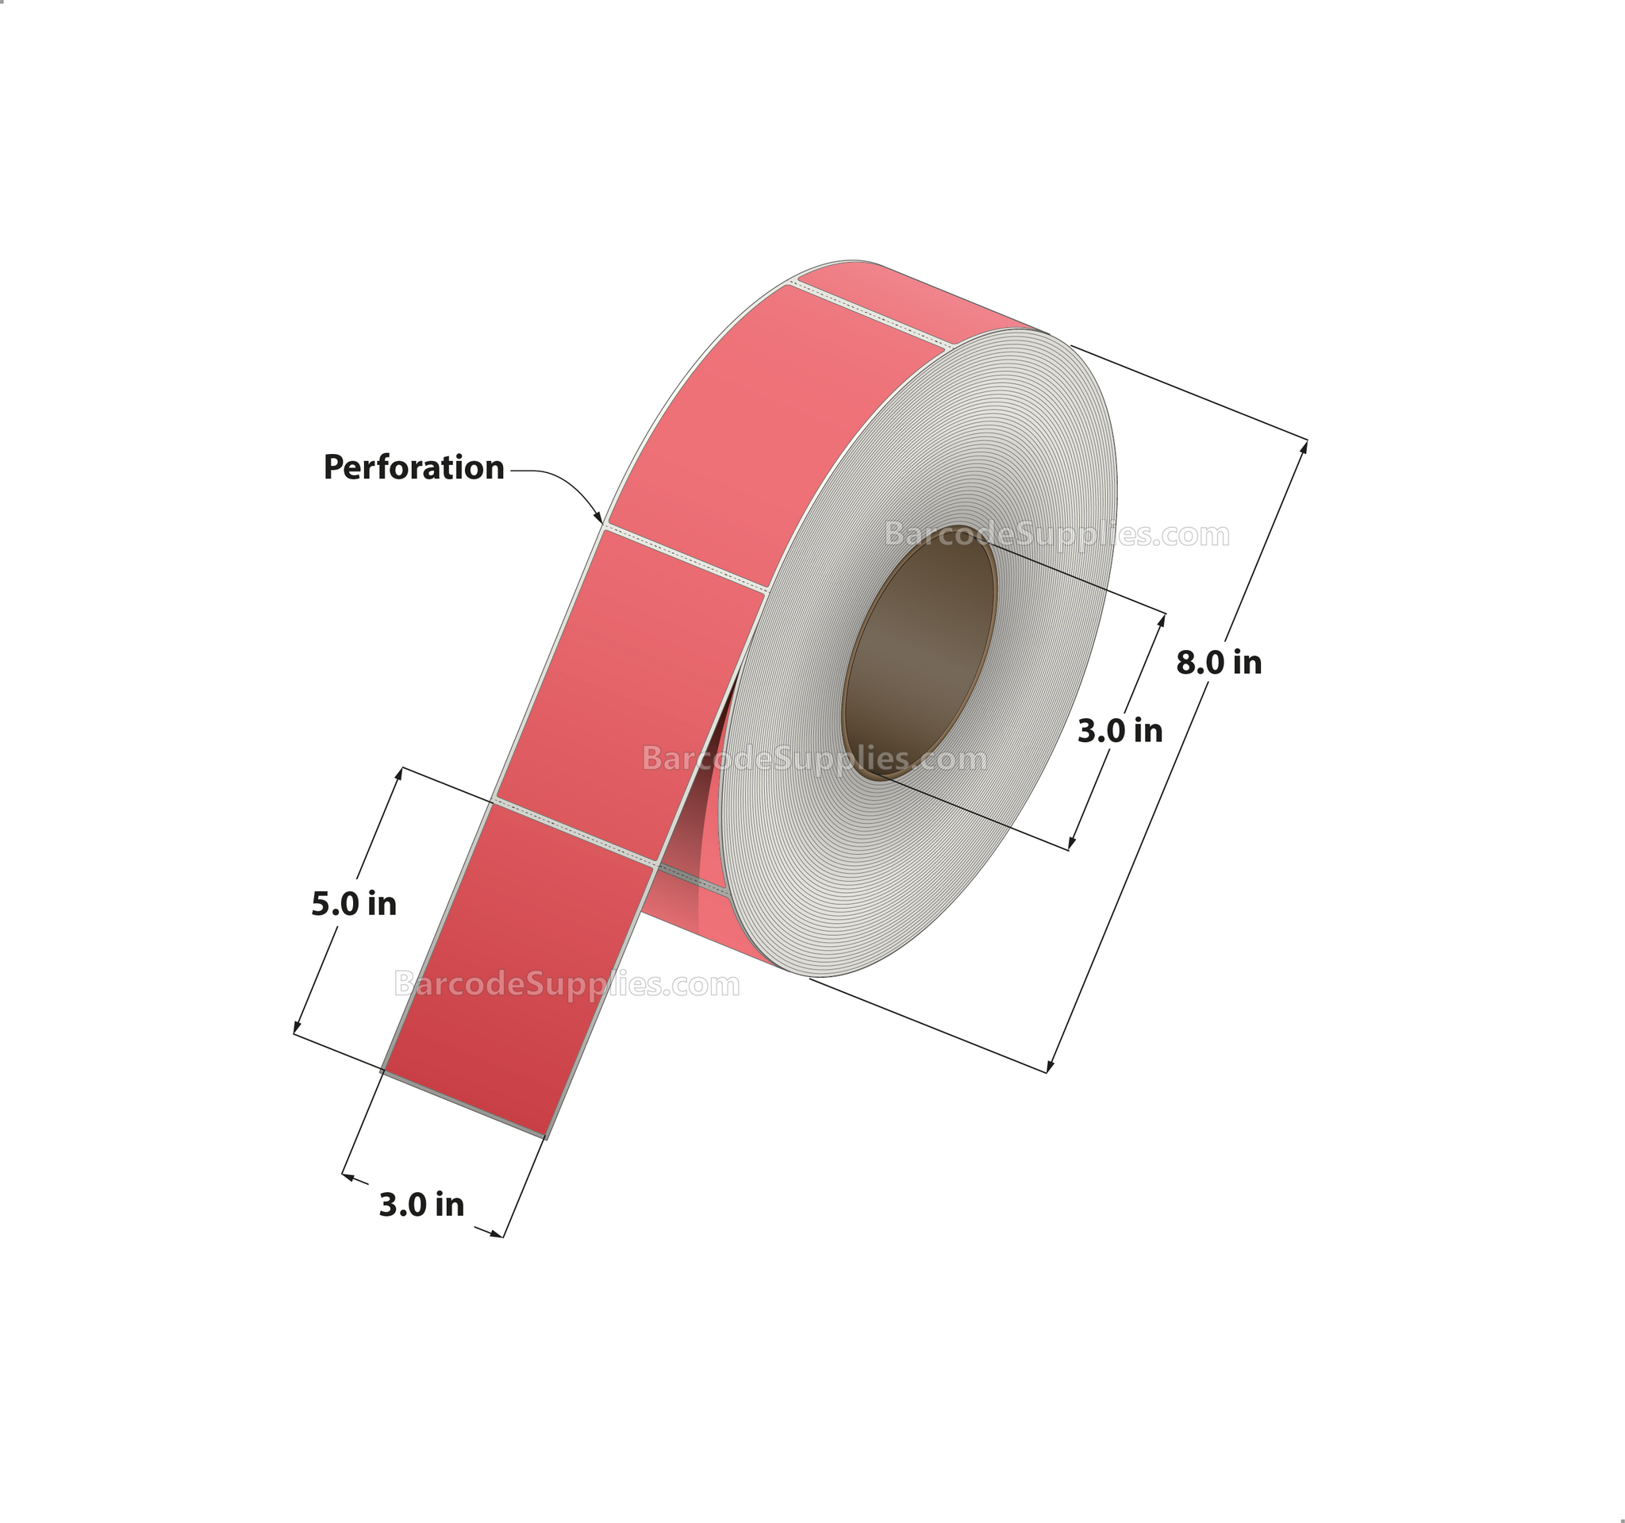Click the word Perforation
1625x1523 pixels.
[413, 467]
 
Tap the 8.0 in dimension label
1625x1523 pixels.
[1219, 662]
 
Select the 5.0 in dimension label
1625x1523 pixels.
[354, 903]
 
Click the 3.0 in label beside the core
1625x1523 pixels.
[1120, 730]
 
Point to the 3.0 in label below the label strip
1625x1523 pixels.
[422, 1204]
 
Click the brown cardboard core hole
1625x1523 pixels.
[920, 652]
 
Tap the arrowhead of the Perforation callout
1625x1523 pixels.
[600, 517]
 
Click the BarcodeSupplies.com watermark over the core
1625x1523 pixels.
[1057, 535]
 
